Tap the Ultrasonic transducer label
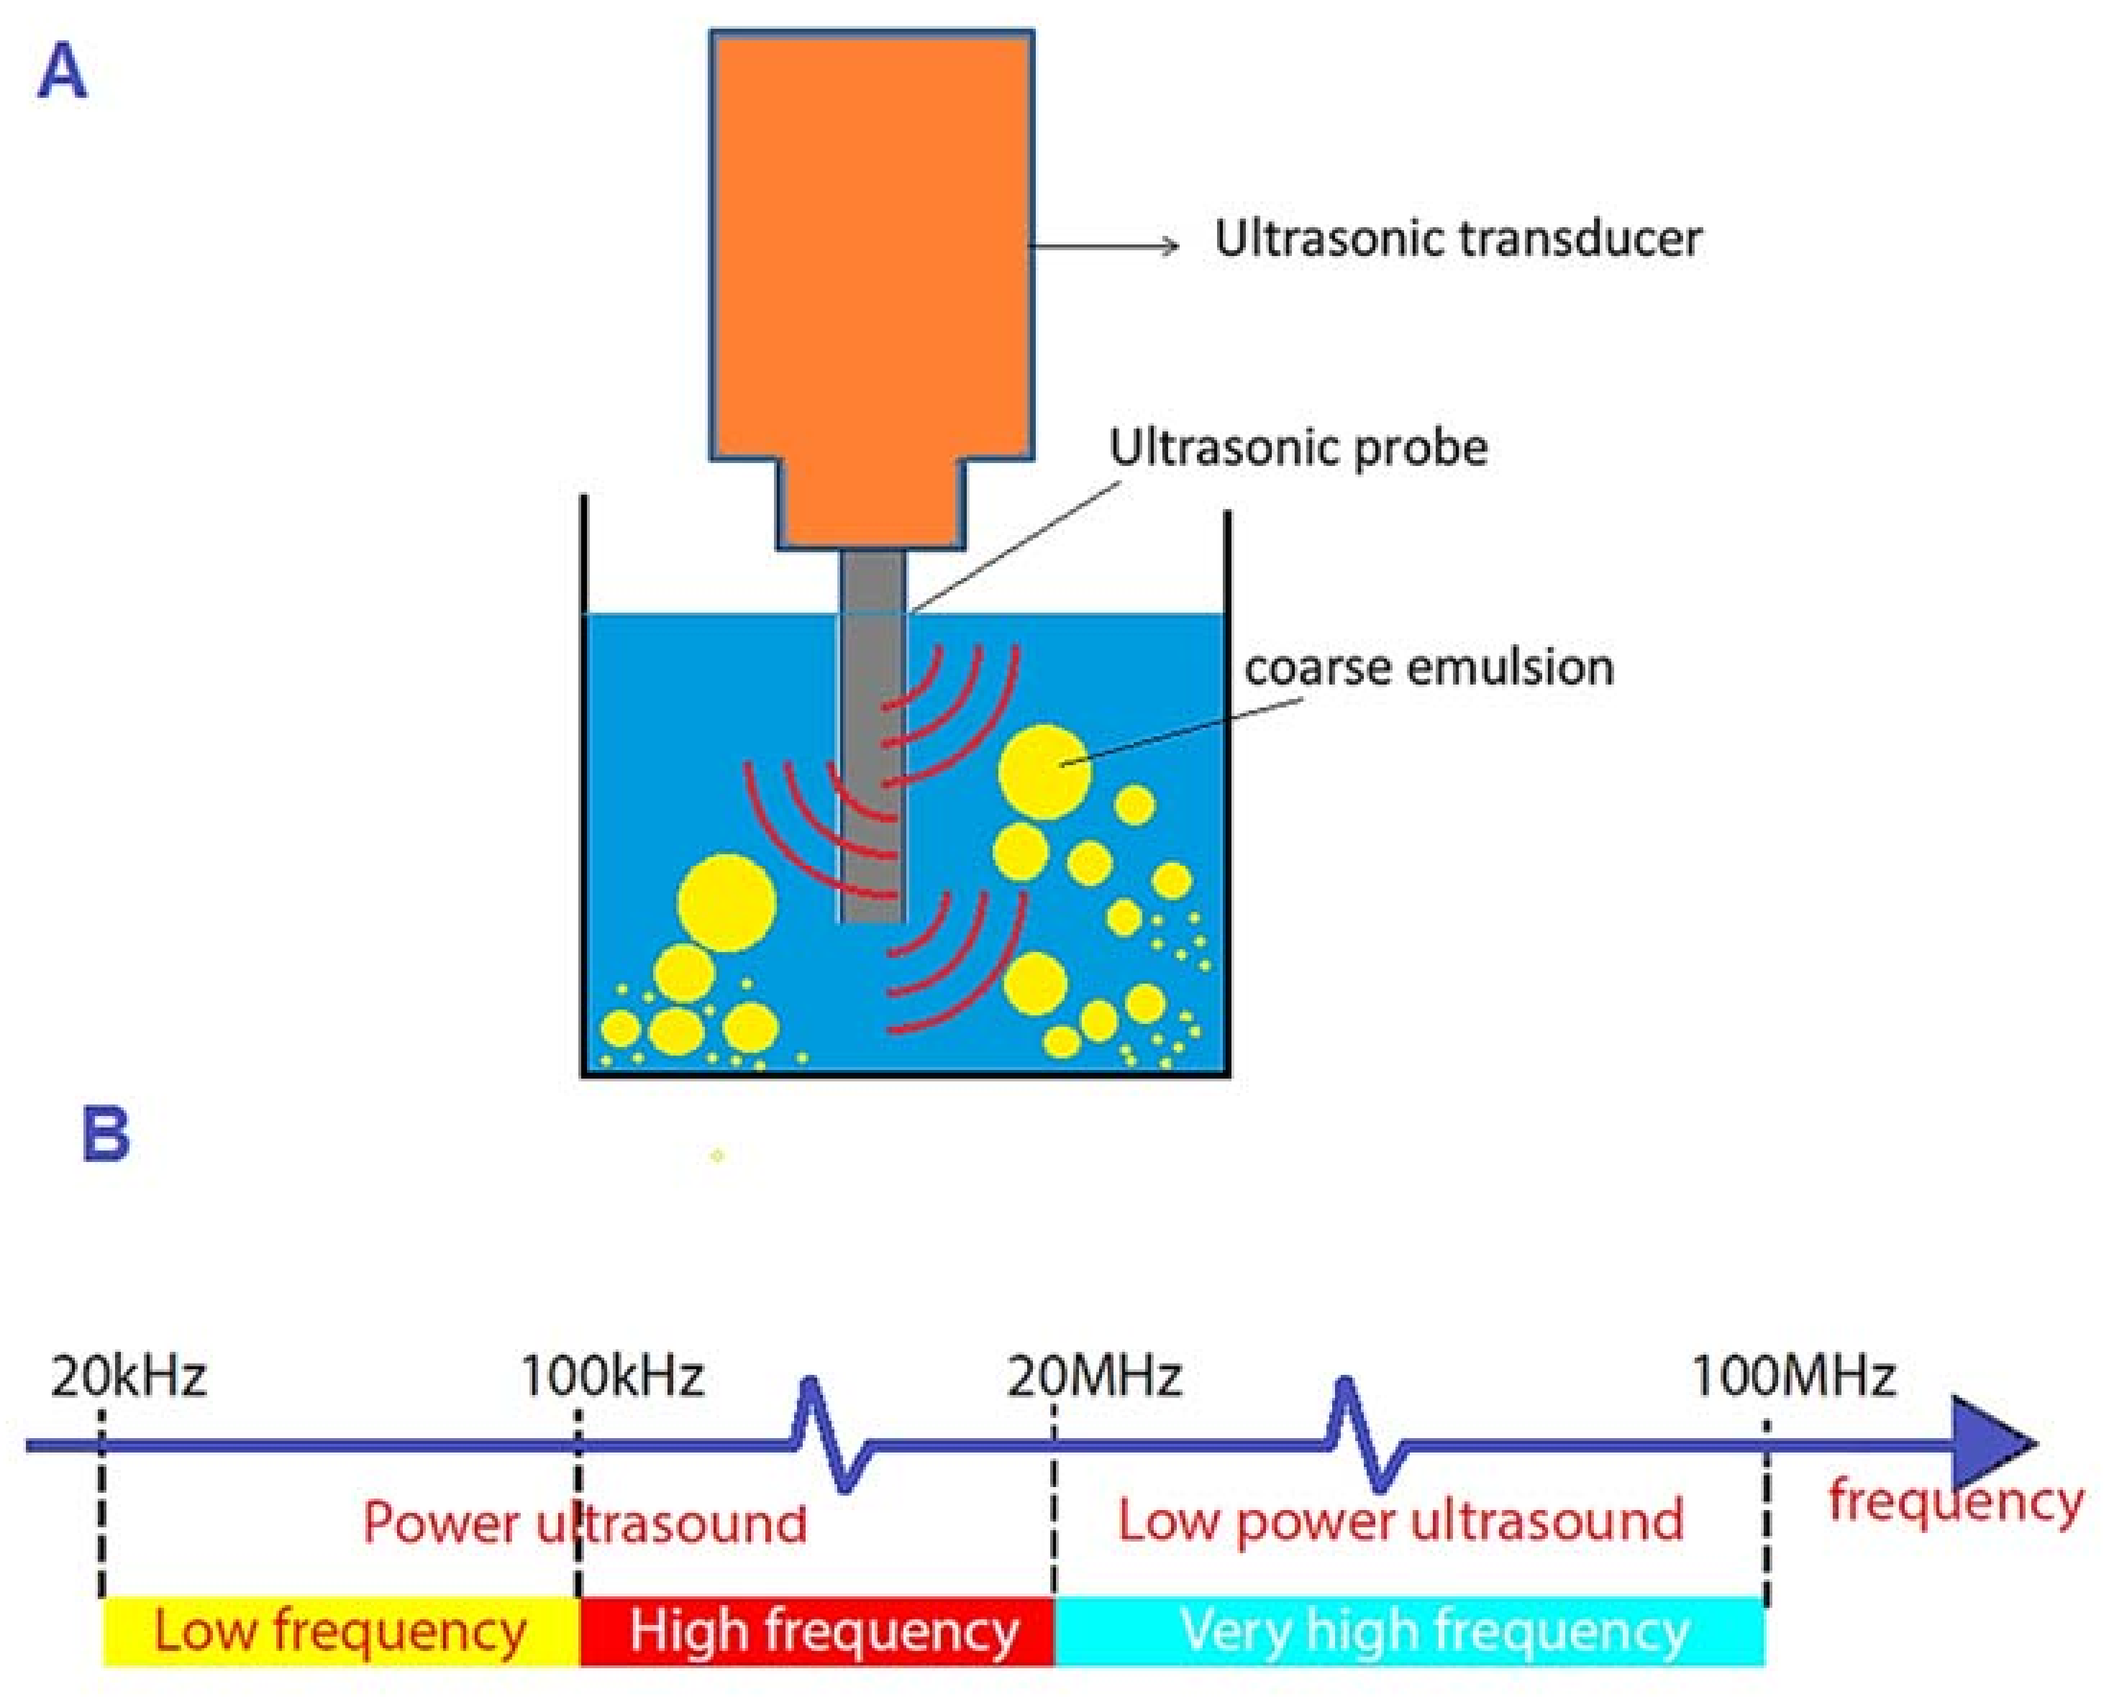click(x=1457, y=239)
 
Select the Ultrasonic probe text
click(x=1298, y=448)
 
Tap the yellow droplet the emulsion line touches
click(x=1044, y=771)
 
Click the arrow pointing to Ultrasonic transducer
click(x=1106, y=245)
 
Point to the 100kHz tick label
click(x=612, y=1377)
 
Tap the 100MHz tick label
click(x=1794, y=1377)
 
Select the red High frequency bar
click(x=817, y=1631)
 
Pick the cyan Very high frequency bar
click(x=1408, y=1631)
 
